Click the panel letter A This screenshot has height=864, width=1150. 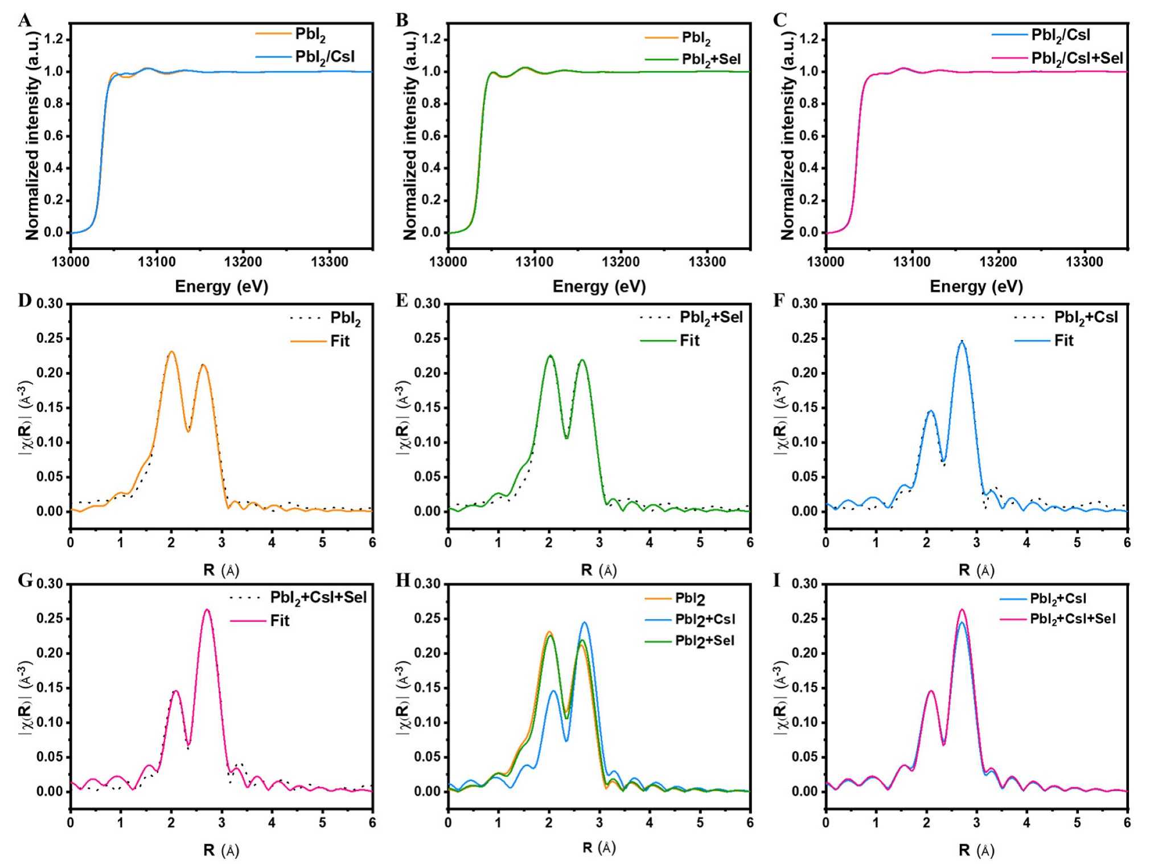pyautogui.click(x=24, y=21)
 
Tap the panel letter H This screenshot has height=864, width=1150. pyautogui.click(x=403, y=580)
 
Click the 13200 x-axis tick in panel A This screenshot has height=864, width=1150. pyautogui.click(x=243, y=263)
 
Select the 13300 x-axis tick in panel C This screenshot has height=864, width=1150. pyautogui.click(x=1084, y=263)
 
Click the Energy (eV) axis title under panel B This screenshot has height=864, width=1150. pyautogui.click(x=599, y=286)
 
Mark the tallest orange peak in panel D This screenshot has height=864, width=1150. pyautogui.click(x=171, y=352)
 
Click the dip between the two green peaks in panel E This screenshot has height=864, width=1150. pyautogui.click(x=566, y=437)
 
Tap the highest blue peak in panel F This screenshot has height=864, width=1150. pyautogui.click(x=962, y=342)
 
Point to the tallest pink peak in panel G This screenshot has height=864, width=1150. pyautogui.click(x=207, y=610)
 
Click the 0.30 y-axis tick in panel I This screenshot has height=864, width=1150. pyautogui.click(x=803, y=584)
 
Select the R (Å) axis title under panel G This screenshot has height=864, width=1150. pyautogui.click(x=221, y=850)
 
